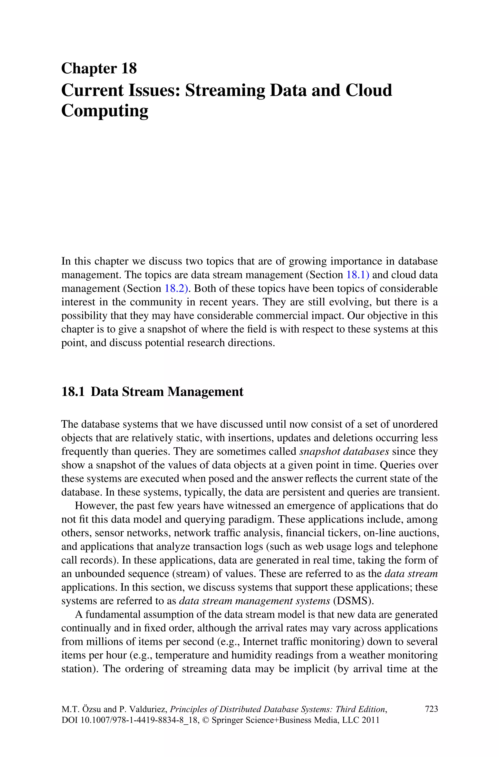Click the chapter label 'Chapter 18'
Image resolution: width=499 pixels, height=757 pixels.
tap(99, 69)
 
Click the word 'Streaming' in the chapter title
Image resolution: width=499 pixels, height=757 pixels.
tap(225, 90)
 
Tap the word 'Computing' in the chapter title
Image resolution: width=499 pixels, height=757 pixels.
tap(105, 111)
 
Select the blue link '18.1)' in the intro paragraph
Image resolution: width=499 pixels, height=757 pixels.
tap(357, 275)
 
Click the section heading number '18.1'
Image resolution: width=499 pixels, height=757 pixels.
tap(73, 392)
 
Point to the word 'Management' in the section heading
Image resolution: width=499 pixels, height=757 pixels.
tap(205, 392)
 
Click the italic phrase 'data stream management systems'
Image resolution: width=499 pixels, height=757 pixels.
tap(255, 601)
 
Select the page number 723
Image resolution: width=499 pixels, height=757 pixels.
tap(431, 709)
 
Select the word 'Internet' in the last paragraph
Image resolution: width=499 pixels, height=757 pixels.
tap(257, 641)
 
